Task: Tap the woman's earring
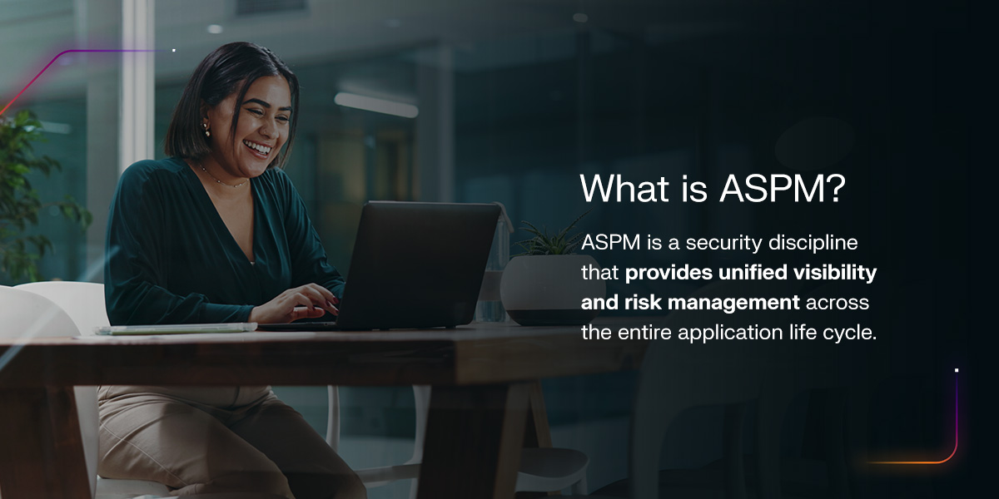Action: pos(206,131)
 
